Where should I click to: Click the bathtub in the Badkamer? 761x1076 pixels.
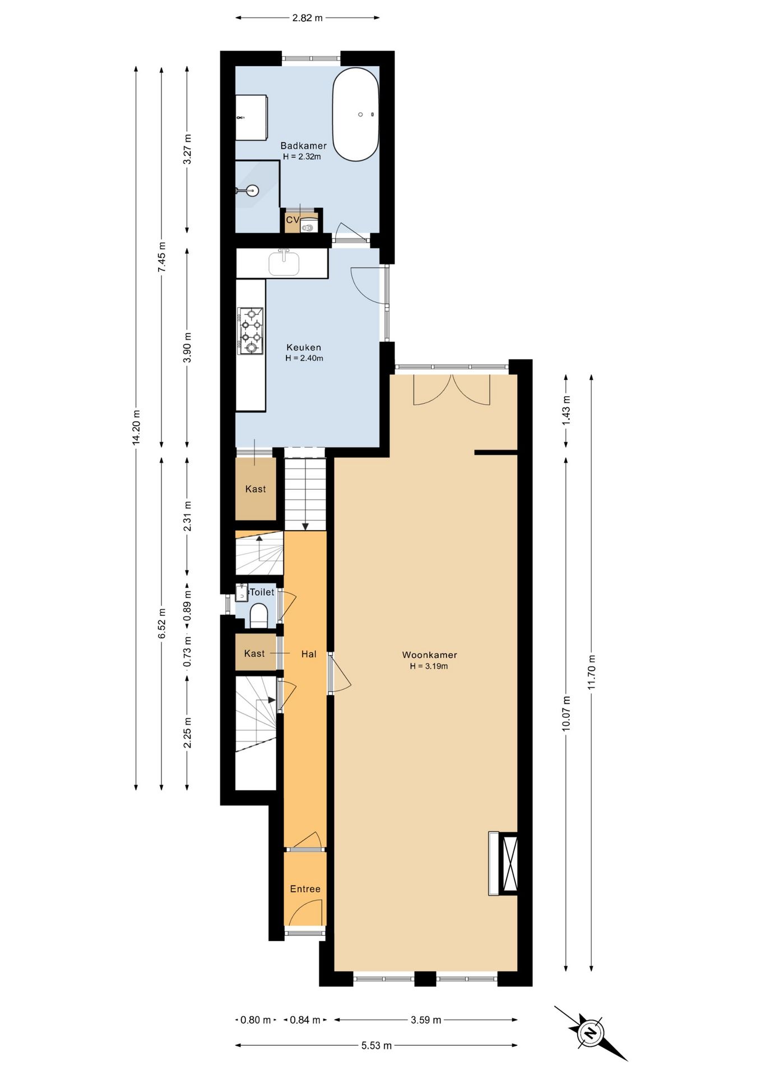click(355, 114)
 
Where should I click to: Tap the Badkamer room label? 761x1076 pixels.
click(303, 146)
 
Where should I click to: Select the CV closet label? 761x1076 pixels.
click(293, 220)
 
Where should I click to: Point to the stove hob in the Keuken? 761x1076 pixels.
click(250, 331)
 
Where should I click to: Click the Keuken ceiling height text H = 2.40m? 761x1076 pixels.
click(304, 358)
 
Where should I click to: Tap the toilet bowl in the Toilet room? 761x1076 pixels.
click(258, 615)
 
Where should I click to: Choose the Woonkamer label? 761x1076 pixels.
click(429, 655)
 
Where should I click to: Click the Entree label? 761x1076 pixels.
click(305, 889)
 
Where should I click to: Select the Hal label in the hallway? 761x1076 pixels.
click(309, 654)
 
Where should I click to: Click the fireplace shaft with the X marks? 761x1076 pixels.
click(509, 863)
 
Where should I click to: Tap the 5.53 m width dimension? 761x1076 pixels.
click(376, 1045)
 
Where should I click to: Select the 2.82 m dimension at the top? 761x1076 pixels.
click(307, 17)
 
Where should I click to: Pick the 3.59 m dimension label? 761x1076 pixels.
click(426, 1020)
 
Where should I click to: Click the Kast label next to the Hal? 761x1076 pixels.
click(254, 653)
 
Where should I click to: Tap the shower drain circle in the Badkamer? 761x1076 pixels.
click(252, 191)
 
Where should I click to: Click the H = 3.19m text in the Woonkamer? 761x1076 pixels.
click(429, 666)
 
